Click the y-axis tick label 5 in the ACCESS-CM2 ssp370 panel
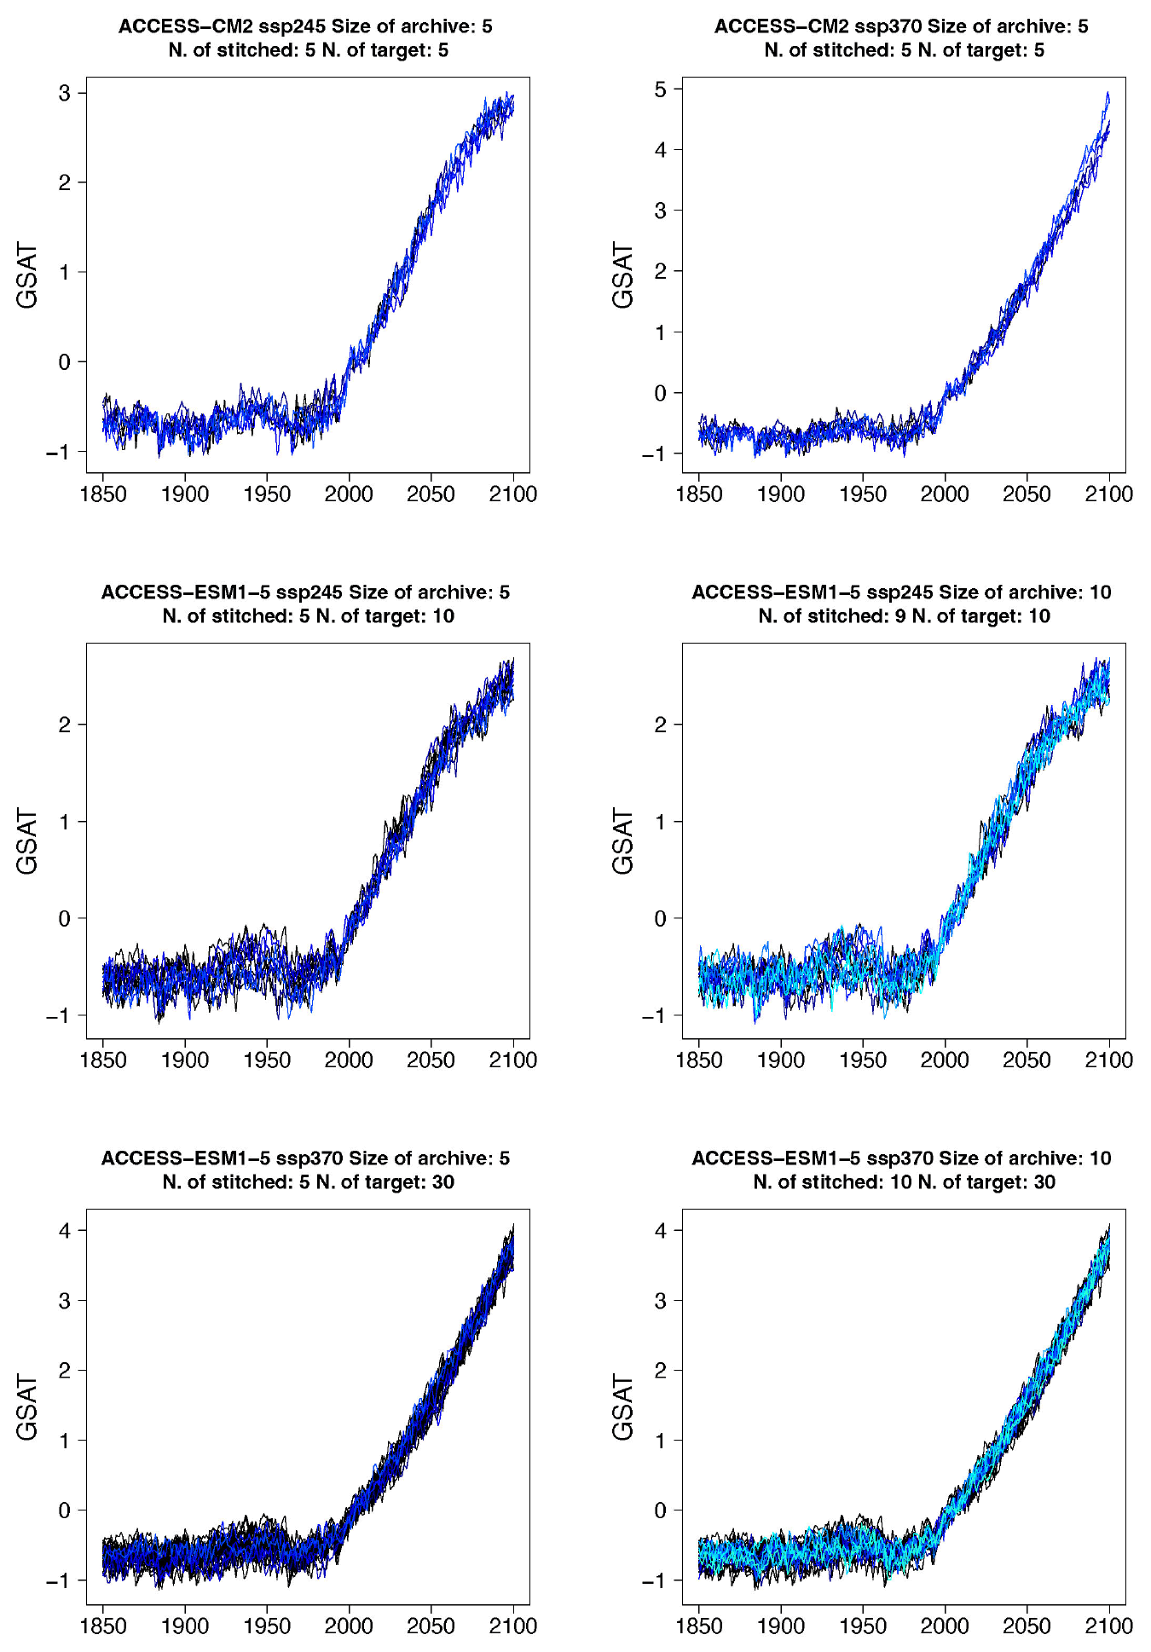[x=661, y=90]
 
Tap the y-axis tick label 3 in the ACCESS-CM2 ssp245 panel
[x=65, y=93]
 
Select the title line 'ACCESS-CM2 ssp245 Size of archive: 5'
[x=305, y=26]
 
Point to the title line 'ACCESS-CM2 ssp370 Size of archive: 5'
[x=901, y=26]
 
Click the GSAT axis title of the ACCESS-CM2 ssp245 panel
[x=27, y=275]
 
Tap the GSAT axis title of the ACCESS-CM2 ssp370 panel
[x=623, y=275]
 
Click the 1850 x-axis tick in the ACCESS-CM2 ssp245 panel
[x=103, y=494]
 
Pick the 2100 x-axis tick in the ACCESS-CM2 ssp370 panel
[x=1108, y=494]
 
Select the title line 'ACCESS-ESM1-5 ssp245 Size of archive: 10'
[x=901, y=592]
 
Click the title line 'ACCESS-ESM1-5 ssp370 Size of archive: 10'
[x=901, y=1158]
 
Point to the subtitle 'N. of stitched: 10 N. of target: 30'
[x=904, y=1182]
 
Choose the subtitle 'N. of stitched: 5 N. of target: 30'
[x=308, y=1182]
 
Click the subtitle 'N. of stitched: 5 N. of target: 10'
[x=308, y=616]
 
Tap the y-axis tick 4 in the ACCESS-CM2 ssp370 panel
[x=661, y=150]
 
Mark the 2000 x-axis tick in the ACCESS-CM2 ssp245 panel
[x=349, y=494]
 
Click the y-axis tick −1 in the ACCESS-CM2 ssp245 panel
[x=59, y=452]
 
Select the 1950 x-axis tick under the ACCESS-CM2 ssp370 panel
[x=863, y=494]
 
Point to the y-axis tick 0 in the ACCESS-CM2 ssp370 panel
[x=661, y=394]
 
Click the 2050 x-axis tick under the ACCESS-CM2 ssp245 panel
[x=431, y=494]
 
